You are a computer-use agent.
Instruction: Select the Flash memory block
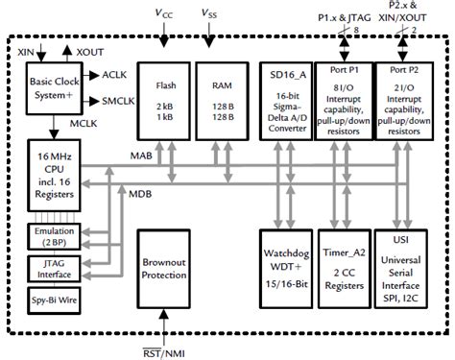tap(164, 100)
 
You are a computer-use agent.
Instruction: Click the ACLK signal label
tap(115, 74)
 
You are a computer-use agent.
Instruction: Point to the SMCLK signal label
tap(119, 101)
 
